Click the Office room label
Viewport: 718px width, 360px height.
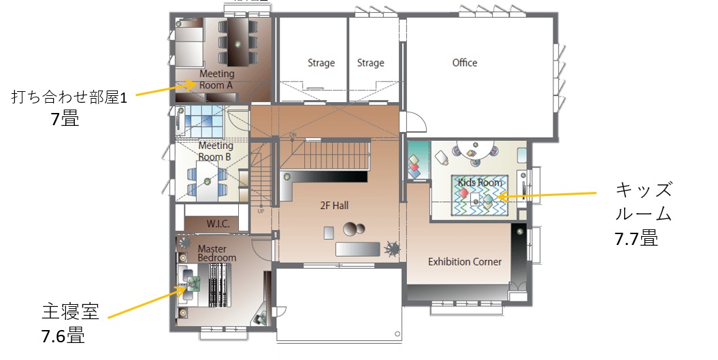coord(465,63)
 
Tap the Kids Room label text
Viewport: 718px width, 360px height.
coord(480,182)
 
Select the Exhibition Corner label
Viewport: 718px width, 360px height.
coord(465,262)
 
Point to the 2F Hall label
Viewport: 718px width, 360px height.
coord(334,206)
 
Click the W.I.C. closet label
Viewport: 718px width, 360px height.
coord(218,224)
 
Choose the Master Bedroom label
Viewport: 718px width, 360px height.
coord(216,253)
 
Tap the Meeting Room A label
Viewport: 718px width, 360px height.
coord(216,79)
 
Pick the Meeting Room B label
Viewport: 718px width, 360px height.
coord(215,151)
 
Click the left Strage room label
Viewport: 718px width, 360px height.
coord(321,63)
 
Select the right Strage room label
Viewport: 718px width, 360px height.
coord(370,63)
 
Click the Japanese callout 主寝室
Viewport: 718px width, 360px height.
coord(70,312)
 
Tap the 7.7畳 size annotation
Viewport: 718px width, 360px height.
coord(636,238)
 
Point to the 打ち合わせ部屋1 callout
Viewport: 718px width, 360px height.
coord(69,97)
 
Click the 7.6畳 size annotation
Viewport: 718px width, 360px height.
coord(63,336)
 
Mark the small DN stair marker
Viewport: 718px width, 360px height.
coord(293,135)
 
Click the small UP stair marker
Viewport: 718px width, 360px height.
coord(261,211)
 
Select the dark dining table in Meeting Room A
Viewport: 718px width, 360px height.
coord(238,42)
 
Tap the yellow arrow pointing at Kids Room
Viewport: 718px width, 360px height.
coord(546,195)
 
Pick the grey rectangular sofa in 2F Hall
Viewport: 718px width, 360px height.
coord(357,249)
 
